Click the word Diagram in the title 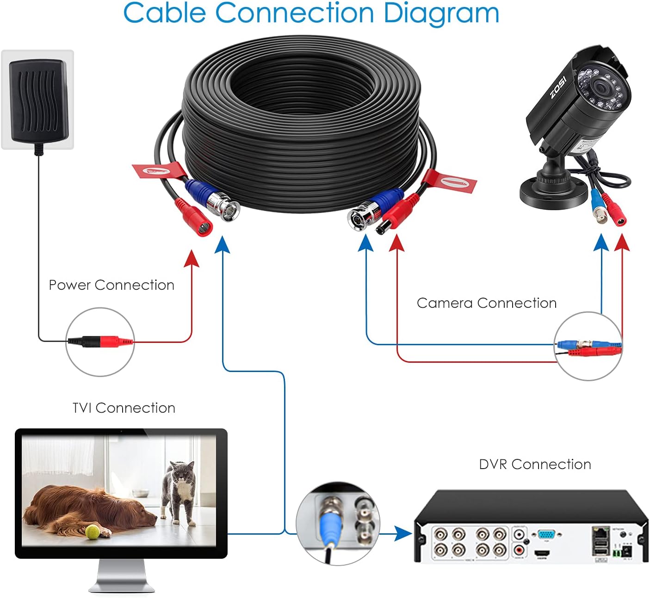click(x=441, y=13)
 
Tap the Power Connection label click(x=111, y=285)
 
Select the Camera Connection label click(x=486, y=303)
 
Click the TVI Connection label click(x=124, y=408)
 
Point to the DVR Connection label click(x=535, y=464)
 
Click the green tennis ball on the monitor click(x=92, y=532)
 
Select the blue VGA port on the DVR click(x=547, y=536)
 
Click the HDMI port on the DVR click(x=542, y=553)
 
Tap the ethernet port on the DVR click(x=600, y=532)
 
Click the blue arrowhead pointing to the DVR click(x=404, y=534)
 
